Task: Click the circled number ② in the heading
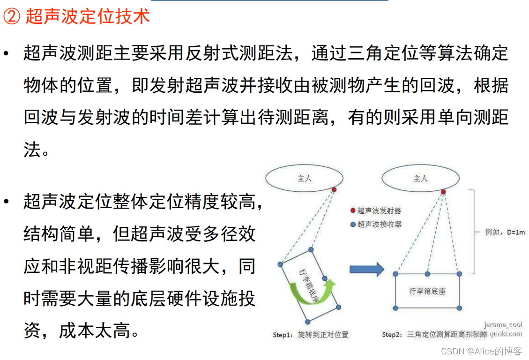point(11,17)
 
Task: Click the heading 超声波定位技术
point(88,17)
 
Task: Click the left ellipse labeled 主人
point(304,179)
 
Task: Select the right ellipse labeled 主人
point(420,179)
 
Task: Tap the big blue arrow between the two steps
point(366,269)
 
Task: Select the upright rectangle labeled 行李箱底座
point(427,291)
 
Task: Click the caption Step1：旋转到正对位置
point(311,335)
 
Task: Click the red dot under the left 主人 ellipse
point(334,189)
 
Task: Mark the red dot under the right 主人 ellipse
point(443,192)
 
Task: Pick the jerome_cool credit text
point(504,324)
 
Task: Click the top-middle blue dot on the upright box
point(427,273)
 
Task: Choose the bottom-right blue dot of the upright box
point(459,308)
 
